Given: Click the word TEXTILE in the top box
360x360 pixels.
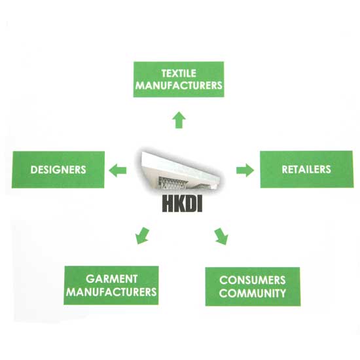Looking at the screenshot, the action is (179, 73).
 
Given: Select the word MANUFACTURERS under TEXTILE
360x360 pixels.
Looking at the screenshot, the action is (179, 85).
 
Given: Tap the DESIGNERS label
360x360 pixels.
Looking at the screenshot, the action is (58, 170).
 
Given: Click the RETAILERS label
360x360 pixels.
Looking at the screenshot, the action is (306, 170).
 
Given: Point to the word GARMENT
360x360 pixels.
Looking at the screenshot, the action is (111, 279).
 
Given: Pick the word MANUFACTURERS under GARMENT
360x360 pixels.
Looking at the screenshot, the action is (111, 292).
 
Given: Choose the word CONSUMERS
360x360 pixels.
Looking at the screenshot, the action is (252, 280).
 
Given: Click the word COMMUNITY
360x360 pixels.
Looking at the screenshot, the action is (252, 293).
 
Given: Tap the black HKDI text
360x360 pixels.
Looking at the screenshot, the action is (183, 203).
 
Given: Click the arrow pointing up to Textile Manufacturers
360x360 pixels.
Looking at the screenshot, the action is (179, 120).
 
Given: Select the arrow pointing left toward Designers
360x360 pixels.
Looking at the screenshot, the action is (118, 171).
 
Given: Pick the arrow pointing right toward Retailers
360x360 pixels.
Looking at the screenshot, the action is (245, 170).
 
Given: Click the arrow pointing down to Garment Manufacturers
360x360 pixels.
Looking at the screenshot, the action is (142, 236).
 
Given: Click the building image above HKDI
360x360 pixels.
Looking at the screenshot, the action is (179, 171).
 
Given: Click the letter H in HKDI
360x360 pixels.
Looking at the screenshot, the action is (168, 203).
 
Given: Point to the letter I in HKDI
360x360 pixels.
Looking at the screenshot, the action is (200, 203).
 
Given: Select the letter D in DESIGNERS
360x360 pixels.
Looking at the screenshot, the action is (33, 170).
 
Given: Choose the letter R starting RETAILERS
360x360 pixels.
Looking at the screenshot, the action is (285, 170).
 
